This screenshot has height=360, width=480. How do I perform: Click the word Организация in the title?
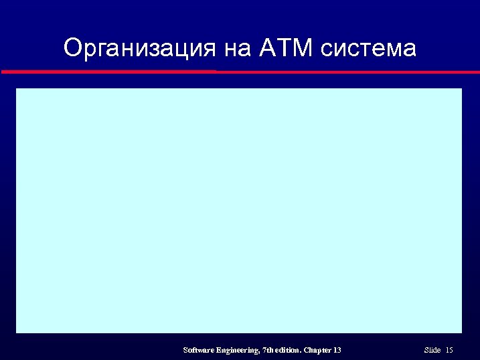point(139,48)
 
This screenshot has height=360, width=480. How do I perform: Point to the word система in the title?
point(368,48)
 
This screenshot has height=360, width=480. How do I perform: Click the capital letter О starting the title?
point(72,48)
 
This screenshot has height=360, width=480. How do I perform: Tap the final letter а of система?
point(410,50)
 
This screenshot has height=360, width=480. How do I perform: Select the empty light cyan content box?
point(239,210)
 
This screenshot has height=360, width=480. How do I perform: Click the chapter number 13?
point(337,350)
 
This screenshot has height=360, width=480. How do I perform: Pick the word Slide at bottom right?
point(432,350)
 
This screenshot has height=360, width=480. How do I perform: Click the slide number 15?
point(449,350)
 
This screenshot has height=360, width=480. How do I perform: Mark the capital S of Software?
point(185,350)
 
